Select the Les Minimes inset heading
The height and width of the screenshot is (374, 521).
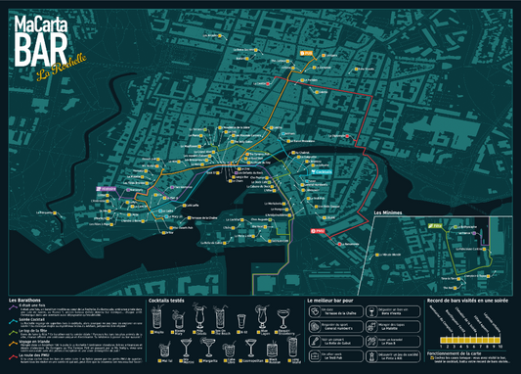392,211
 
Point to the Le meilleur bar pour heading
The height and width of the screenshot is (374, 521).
337,299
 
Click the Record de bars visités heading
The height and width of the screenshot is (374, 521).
468,299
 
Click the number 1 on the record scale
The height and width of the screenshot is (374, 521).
442,346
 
